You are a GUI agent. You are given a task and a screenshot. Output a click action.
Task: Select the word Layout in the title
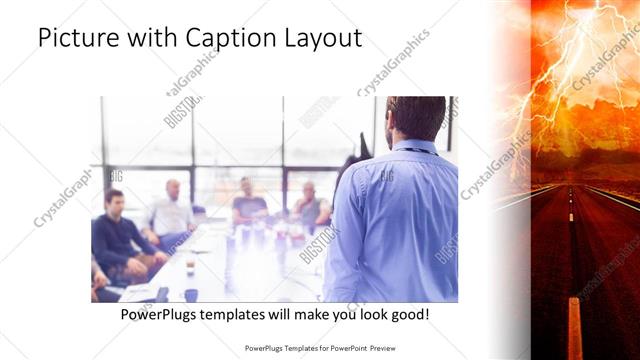point(324,39)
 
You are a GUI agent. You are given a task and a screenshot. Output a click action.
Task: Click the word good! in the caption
point(409,315)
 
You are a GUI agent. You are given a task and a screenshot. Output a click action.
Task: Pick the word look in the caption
point(364,315)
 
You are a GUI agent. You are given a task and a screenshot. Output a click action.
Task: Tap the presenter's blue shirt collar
point(412,147)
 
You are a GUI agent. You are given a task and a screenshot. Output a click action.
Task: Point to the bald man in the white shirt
point(172,210)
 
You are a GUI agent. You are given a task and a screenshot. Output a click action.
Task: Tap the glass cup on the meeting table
point(190,267)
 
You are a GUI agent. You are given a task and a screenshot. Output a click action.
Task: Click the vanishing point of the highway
point(572,182)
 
